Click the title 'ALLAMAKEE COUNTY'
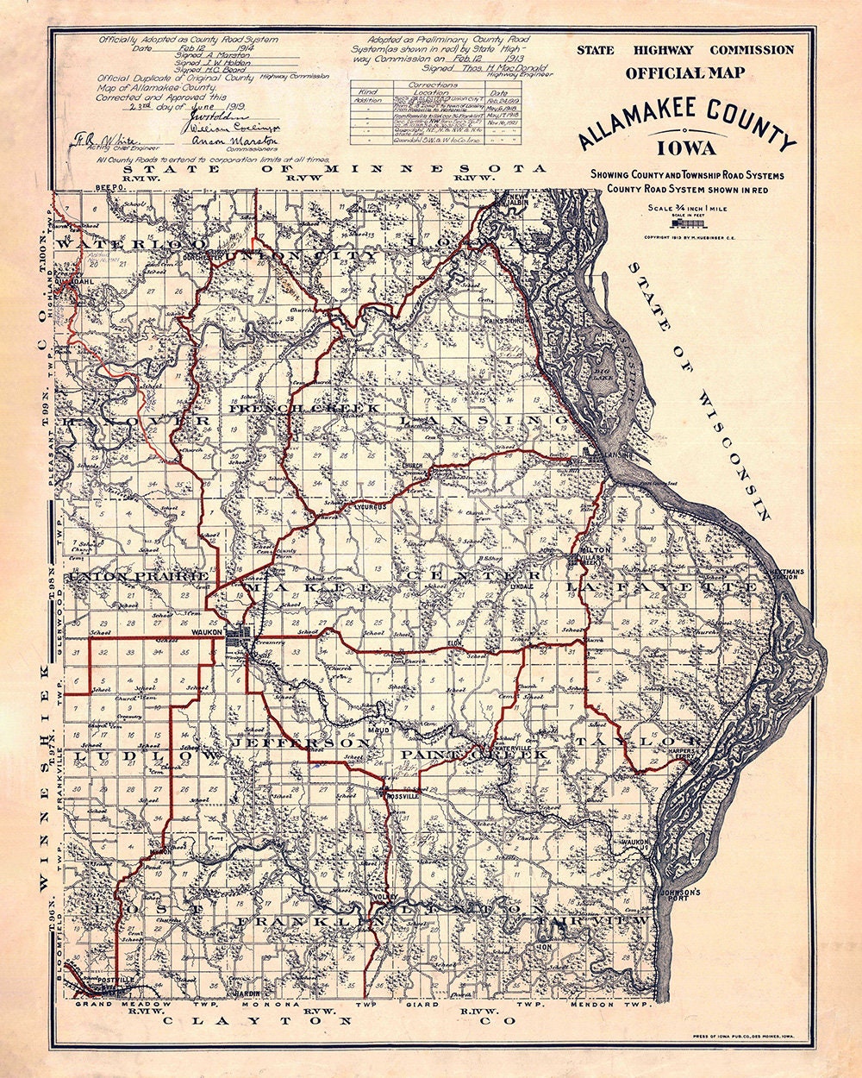[687, 123]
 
